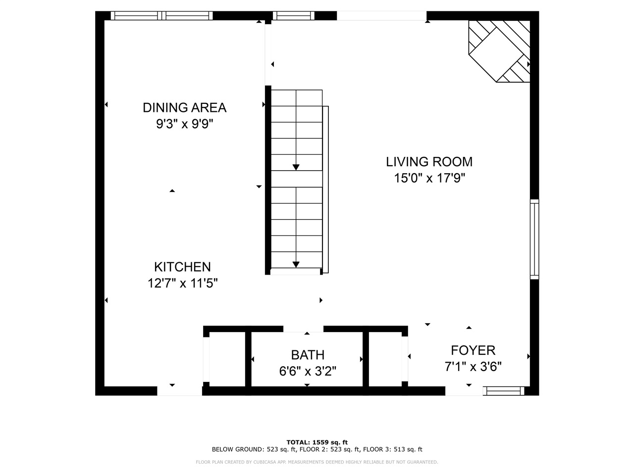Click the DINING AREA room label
[184, 107]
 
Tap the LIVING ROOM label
[429, 162]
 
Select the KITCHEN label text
[182, 267]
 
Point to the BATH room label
[308, 355]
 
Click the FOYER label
[473, 350]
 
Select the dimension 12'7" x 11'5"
[182, 284]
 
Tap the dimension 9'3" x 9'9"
[184, 124]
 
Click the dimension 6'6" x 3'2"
[308, 371]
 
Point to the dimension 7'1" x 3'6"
[473, 367]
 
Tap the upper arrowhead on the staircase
[296, 167]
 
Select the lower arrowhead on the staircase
[296, 264]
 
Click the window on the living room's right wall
[534, 239]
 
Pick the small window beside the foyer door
[504, 391]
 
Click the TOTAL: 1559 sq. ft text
[317, 442]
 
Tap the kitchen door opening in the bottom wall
[179, 391]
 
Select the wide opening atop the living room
[381, 16]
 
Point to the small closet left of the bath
[227, 359]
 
